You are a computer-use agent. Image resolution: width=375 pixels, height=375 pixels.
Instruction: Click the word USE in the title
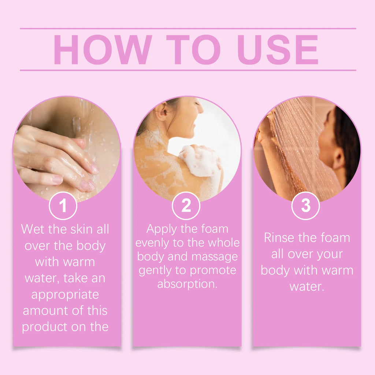(278, 50)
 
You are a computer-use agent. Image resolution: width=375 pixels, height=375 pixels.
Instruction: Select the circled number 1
(63, 206)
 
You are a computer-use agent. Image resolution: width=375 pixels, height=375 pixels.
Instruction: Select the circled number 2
(186, 206)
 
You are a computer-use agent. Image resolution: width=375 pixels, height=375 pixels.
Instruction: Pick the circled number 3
(305, 206)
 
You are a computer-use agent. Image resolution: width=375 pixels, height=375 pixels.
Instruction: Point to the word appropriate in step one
(65, 295)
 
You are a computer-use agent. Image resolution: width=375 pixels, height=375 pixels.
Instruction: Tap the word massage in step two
(215, 256)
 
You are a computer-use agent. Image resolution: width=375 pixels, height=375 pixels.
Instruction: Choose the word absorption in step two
(187, 284)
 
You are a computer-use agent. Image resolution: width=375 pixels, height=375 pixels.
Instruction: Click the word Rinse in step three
(279, 238)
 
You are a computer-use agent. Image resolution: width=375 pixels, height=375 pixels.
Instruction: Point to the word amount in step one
(44, 311)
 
